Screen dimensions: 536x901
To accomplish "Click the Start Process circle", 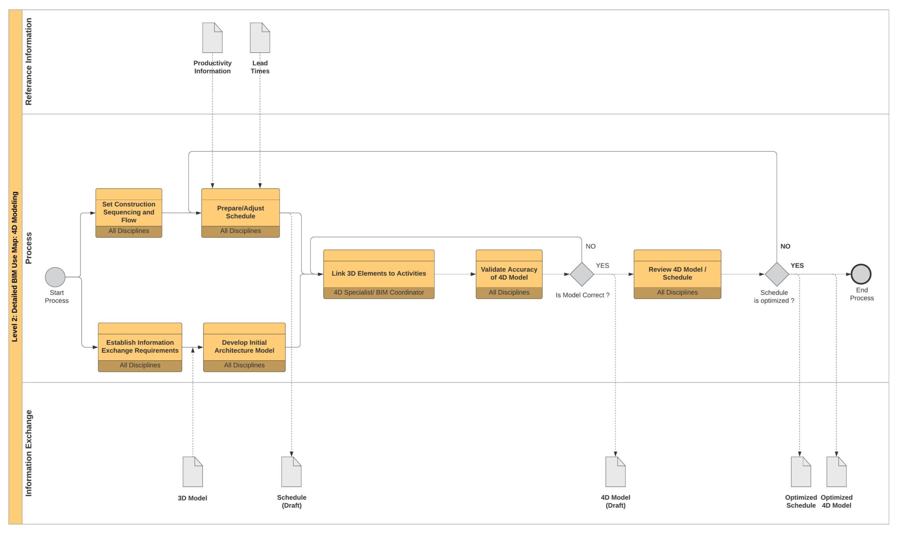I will click(x=55, y=277).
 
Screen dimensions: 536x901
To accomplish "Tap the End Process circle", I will click(x=861, y=274).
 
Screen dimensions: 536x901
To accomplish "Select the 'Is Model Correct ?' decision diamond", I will click(x=582, y=274).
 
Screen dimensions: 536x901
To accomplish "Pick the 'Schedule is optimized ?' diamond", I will click(x=776, y=274).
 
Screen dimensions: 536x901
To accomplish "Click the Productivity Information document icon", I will click(x=212, y=38).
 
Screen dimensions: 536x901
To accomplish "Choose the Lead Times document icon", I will click(x=260, y=38).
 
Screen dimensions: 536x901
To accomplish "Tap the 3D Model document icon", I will click(x=193, y=472).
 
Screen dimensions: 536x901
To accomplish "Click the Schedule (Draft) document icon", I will click(x=291, y=472).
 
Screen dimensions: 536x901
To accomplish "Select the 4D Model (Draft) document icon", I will click(x=615, y=472).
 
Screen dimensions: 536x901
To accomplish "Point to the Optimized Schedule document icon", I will click(x=801, y=472).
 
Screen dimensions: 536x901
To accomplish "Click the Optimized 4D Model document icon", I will click(x=836, y=472).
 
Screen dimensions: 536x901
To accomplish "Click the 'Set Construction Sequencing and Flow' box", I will click(x=129, y=212).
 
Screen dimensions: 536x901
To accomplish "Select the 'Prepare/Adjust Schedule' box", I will click(x=240, y=212).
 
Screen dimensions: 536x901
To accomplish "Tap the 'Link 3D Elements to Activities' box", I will click(x=379, y=273).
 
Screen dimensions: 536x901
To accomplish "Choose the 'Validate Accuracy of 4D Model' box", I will click(x=509, y=273).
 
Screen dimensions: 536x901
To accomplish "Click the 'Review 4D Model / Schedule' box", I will click(x=677, y=273).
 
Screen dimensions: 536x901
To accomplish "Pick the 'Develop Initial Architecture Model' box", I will click(x=244, y=346).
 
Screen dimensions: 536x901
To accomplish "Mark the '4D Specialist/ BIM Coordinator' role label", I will click(x=379, y=292).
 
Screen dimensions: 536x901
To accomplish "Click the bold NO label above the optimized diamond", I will click(x=785, y=246).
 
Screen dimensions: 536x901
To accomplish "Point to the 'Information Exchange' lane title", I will click(x=29, y=453).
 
